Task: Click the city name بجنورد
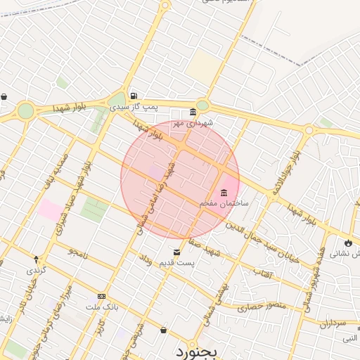198,349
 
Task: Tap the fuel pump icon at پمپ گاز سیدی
134,96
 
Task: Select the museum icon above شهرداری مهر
193,112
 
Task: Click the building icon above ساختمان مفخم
224,193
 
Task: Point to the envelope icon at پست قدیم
176,252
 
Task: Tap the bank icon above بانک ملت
102,297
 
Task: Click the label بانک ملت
103,307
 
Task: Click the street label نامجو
78,251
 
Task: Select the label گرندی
36,269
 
